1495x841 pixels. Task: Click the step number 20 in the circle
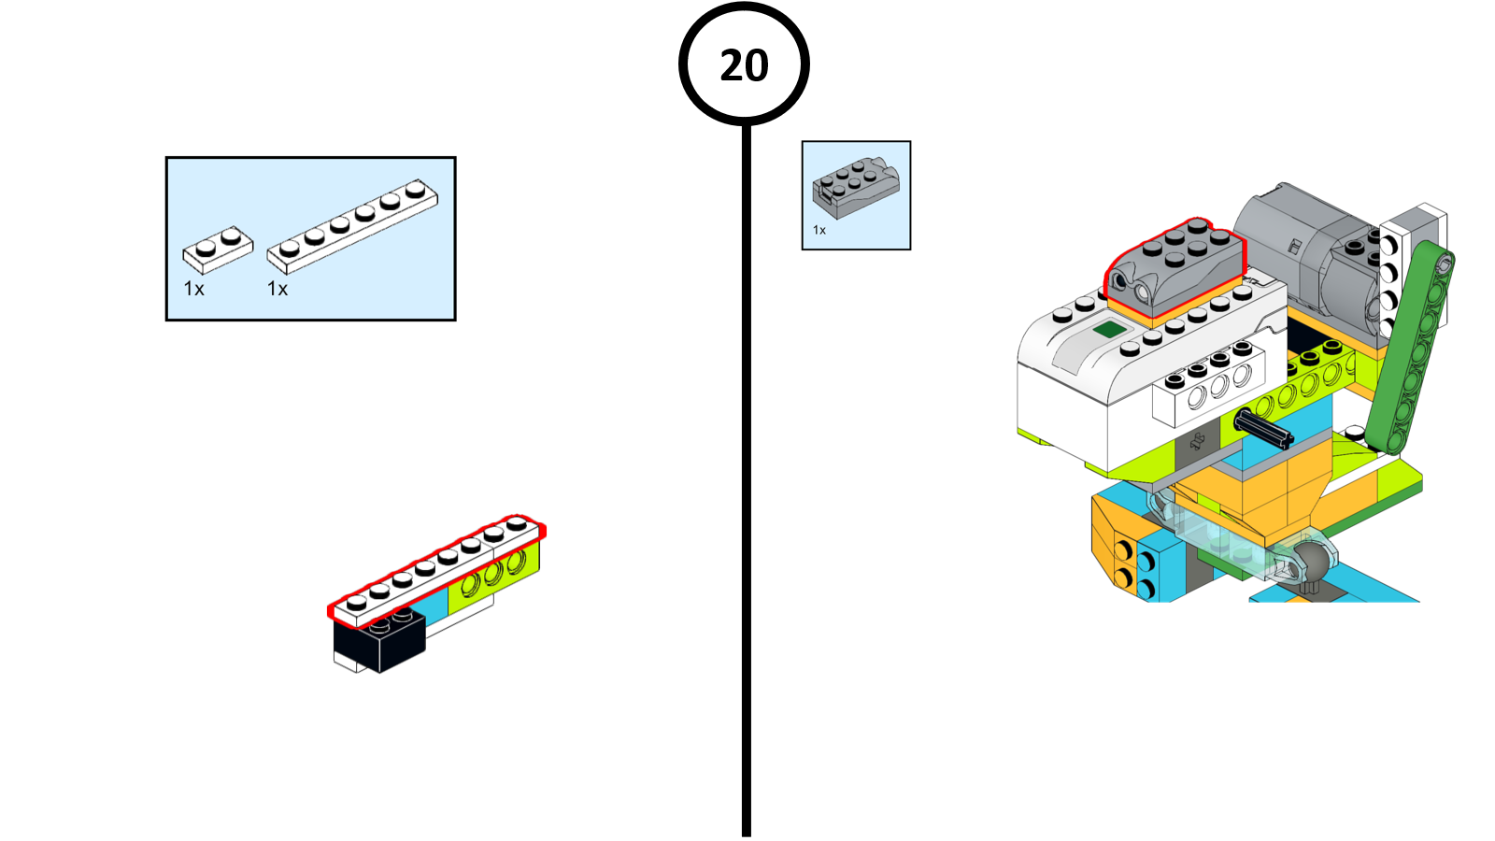pos(744,65)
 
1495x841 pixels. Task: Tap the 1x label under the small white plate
pos(193,289)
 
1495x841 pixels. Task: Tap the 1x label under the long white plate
pos(278,289)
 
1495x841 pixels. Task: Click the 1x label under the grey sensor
pos(819,230)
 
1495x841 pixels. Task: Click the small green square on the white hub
pos(1109,329)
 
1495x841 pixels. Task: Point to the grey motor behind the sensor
pos(1308,252)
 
